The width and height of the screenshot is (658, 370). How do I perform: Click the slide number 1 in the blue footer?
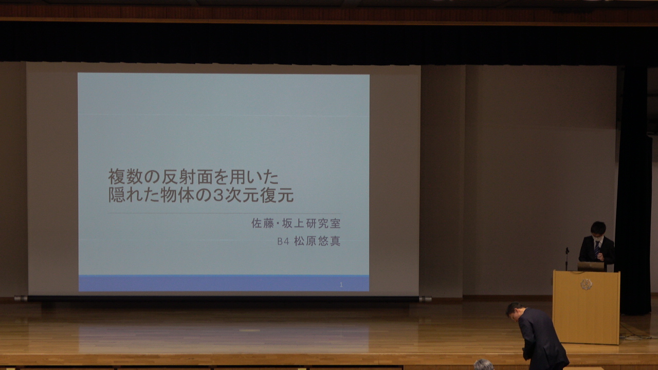pyautogui.click(x=341, y=285)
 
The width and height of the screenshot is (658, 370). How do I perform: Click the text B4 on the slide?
pyautogui.click(x=283, y=242)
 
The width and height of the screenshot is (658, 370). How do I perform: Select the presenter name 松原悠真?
pyautogui.click(x=317, y=241)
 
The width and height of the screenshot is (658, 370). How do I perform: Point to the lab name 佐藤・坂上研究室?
pyautogui.click(x=296, y=224)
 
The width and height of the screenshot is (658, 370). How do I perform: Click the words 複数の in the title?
pyautogui.click(x=134, y=177)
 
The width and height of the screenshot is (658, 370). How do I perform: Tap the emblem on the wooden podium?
pyautogui.click(x=587, y=284)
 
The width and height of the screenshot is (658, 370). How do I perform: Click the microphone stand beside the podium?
pyautogui.click(x=567, y=259)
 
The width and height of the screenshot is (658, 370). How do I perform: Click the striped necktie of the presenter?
pyautogui.click(x=597, y=250)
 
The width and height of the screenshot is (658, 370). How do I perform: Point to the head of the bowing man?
pyautogui.click(x=515, y=311)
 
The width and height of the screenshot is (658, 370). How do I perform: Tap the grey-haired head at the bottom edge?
pyautogui.click(x=484, y=365)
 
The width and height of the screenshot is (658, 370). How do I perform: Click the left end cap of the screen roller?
pyautogui.click(x=21, y=299)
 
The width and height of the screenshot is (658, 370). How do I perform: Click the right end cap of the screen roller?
pyautogui.click(x=425, y=299)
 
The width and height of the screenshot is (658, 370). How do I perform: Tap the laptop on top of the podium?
pyautogui.click(x=591, y=266)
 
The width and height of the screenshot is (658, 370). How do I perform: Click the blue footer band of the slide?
pyautogui.click(x=224, y=283)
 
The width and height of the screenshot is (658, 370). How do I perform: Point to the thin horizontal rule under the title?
pyautogui.click(x=225, y=213)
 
